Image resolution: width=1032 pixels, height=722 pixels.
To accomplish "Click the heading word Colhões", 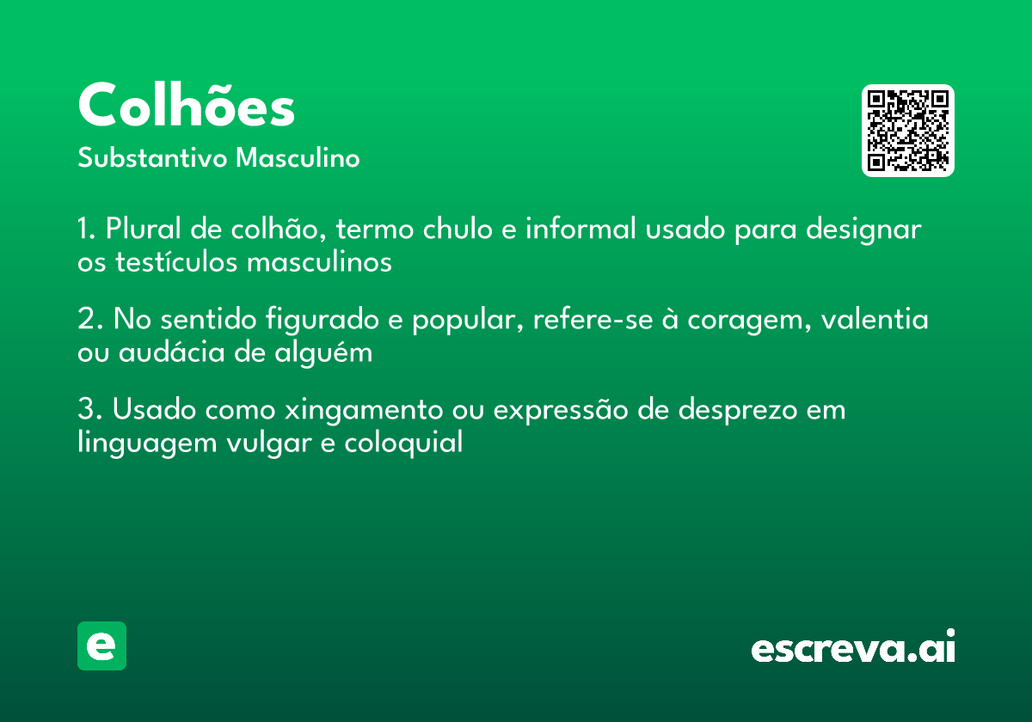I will pyautogui.click(x=187, y=107).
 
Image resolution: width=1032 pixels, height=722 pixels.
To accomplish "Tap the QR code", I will pyautogui.click(x=908, y=131).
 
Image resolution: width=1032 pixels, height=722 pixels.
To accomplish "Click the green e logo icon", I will pyautogui.click(x=101, y=646).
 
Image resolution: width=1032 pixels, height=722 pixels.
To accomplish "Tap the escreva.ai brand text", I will pyautogui.click(x=853, y=648).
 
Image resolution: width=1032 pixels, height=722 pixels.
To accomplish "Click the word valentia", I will pyautogui.click(x=875, y=321).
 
